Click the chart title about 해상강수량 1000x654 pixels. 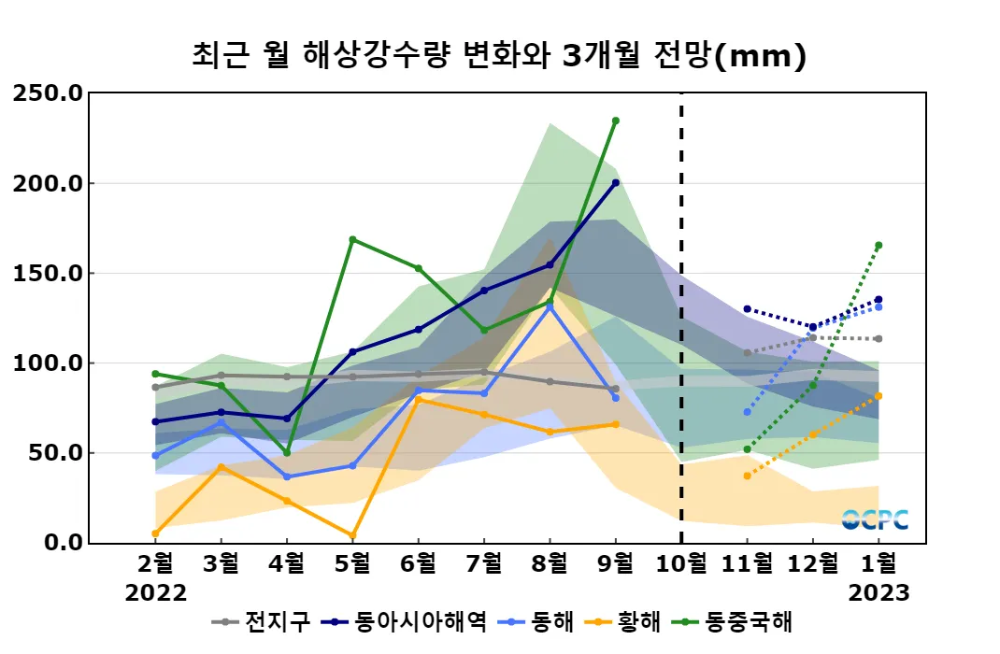[498, 57]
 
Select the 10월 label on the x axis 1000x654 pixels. [680, 563]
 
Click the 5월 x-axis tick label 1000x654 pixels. [352, 563]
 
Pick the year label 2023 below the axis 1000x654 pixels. [879, 593]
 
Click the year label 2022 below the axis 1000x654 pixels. [156, 593]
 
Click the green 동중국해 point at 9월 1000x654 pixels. [615, 121]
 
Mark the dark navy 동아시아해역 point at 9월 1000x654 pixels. [615, 183]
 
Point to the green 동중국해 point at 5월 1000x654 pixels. [352, 239]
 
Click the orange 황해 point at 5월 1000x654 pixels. [352, 535]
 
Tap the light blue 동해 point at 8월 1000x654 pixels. [550, 306]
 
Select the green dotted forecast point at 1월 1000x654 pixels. [879, 245]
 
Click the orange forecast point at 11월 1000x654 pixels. [747, 476]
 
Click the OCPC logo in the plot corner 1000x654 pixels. [875, 520]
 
